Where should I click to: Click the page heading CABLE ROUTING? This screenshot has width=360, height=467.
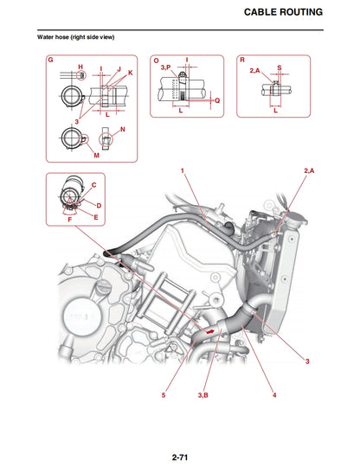[283, 12]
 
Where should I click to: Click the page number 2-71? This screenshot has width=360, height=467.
[180, 456]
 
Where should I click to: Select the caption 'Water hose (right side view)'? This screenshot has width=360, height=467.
[75, 38]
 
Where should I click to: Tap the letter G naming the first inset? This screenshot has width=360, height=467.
[51, 61]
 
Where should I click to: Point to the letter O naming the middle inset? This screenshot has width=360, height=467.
[156, 61]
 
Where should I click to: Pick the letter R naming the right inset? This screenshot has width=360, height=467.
[241, 61]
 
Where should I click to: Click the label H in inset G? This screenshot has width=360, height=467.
[80, 67]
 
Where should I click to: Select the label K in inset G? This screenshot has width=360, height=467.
[130, 73]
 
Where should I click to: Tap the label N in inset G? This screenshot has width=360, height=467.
[122, 129]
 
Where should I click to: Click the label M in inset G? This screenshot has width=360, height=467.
[96, 156]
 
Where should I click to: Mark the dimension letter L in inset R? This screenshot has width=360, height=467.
[274, 111]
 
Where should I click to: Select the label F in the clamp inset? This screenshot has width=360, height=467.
[69, 221]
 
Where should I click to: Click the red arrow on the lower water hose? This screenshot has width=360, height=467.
[209, 330]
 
